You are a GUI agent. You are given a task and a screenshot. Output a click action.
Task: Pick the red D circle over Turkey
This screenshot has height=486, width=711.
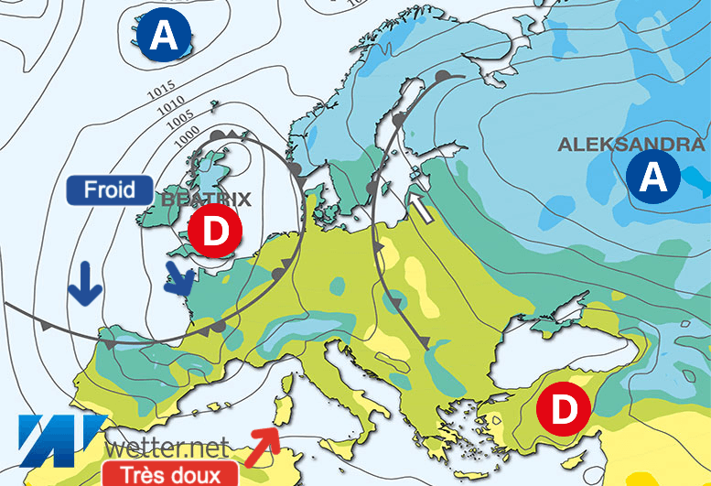click(x=564, y=409)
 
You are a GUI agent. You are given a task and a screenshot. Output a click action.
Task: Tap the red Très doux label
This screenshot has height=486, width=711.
click(x=170, y=474)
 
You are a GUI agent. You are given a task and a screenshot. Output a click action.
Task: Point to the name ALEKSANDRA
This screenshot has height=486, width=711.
click(x=631, y=144)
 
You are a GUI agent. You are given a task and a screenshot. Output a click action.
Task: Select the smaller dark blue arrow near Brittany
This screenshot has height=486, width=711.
click(x=179, y=278)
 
